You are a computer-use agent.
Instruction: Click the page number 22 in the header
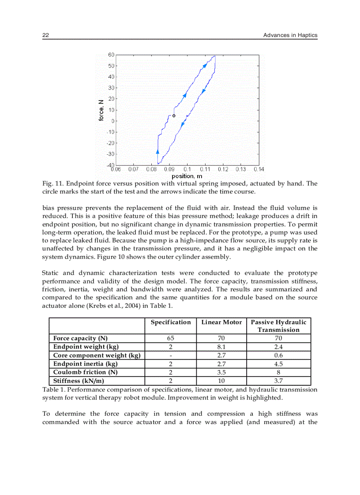pyautogui.click(x=45, y=35)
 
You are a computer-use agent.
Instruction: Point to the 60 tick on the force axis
pyautogui.click(x=111, y=55)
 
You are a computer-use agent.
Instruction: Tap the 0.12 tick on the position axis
pyautogui.click(x=223, y=169)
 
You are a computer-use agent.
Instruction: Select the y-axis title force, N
pyautogui.click(x=101, y=110)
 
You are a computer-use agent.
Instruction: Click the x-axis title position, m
pyautogui.click(x=187, y=176)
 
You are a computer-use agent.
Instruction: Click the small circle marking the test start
pyautogui.click(x=174, y=116)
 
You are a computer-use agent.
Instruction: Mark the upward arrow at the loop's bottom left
pyautogui.click(x=158, y=151)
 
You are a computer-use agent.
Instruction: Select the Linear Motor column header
pyautogui.click(x=221, y=322)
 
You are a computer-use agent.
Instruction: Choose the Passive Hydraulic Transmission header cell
pyautogui.click(x=278, y=326)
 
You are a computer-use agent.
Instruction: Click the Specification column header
pyautogui.click(x=171, y=322)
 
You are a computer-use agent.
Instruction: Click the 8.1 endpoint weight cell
pyautogui.click(x=221, y=347)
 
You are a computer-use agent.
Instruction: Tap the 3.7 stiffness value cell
pyautogui.click(x=278, y=381)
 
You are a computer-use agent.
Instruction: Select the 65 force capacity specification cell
pyautogui.click(x=171, y=338)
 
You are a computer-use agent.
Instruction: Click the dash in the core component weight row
pyautogui.click(x=171, y=355)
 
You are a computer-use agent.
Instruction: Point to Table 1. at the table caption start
pyautogui.click(x=53, y=390)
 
